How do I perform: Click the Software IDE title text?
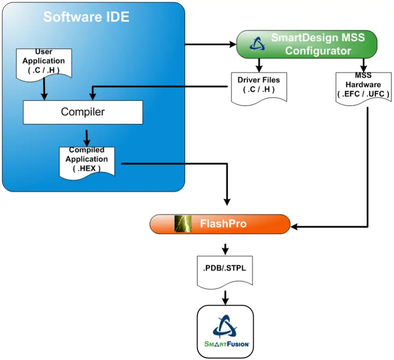[x=86, y=17]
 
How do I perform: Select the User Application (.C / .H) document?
[x=44, y=62]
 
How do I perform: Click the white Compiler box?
[x=83, y=112]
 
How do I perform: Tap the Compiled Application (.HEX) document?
[x=87, y=161]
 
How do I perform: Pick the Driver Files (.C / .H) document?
[x=259, y=87]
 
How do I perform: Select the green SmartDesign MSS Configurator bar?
[x=307, y=44]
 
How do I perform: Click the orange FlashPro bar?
[x=220, y=224]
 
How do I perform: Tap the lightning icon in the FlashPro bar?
[x=183, y=224]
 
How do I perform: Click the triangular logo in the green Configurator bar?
[x=255, y=44]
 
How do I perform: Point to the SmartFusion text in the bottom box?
[x=226, y=343]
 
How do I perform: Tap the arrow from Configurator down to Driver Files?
[x=259, y=64]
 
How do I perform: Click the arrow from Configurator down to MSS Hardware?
[x=364, y=64]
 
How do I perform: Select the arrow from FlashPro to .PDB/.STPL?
[x=225, y=249]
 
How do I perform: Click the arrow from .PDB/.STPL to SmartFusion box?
[x=225, y=297]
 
